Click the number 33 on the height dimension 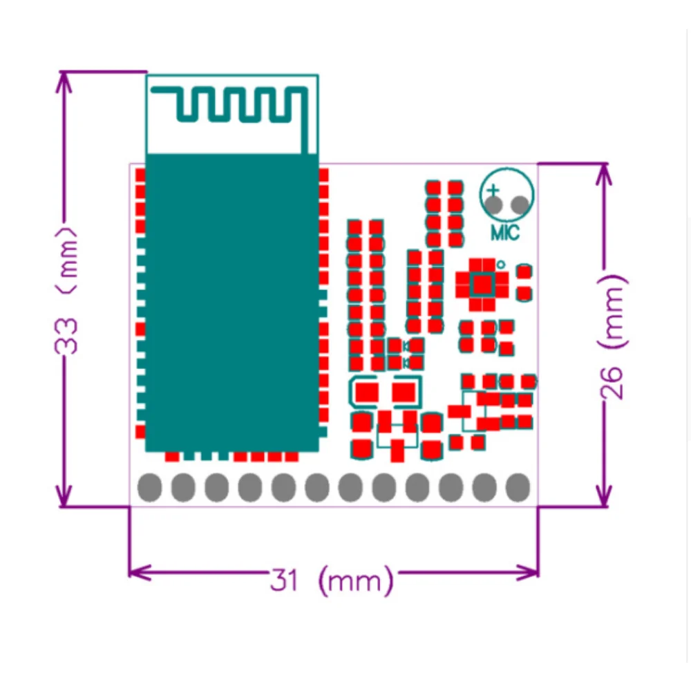pos(68,337)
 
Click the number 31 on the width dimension pos(285,579)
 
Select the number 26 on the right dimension pos(614,382)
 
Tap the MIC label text pos(504,233)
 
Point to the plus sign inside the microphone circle pos(493,190)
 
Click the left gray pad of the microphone pos(493,205)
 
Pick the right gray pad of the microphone pos(520,205)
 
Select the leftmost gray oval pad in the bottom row pos(149,487)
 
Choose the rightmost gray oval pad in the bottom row pos(518,487)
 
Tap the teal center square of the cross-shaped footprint pos(483,283)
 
